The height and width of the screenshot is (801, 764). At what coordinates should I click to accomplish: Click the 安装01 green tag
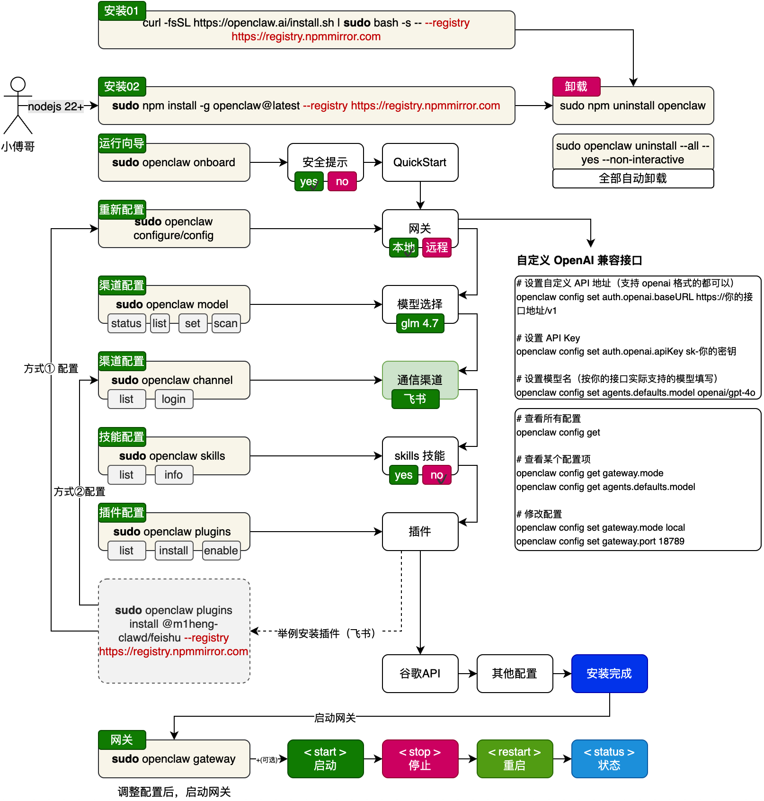(x=122, y=11)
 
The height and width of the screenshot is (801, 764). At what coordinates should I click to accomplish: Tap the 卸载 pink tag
(x=576, y=87)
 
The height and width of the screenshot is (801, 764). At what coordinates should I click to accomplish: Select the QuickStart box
(x=420, y=162)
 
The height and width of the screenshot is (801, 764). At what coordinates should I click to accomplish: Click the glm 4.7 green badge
(x=420, y=323)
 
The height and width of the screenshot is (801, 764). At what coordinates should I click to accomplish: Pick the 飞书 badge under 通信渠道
(x=415, y=399)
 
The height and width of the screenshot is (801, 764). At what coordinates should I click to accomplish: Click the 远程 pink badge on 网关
(x=436, y=248)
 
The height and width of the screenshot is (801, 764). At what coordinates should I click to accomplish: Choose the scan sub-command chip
(x=226, y=323)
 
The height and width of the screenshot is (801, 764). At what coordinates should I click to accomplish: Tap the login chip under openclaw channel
(x=174, y=399)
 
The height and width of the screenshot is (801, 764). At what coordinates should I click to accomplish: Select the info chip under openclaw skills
(x=174, y=475)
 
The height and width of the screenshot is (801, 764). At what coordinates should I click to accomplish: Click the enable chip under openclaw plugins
(x=221, y=551)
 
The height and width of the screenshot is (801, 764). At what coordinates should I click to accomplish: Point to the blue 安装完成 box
(x=609, y=674)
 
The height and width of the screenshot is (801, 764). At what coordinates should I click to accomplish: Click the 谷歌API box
(x=420, y=674)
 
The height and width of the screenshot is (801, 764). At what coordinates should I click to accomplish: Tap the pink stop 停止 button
(x=420, y=759)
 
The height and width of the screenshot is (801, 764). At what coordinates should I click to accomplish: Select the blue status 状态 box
(x=609, y=759)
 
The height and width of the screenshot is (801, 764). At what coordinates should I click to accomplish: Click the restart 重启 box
(x=515, y=759)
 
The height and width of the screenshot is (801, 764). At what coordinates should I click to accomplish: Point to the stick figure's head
(x=18, y=84)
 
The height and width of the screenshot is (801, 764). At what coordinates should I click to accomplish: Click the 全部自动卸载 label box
(x=633, y=178)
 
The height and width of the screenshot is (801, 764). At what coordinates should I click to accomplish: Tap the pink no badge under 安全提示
(x=342, y=181)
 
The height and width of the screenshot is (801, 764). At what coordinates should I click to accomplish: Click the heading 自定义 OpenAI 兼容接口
(x=579, y=260)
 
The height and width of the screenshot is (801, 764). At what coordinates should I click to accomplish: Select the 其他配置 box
(x=515, y=674)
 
